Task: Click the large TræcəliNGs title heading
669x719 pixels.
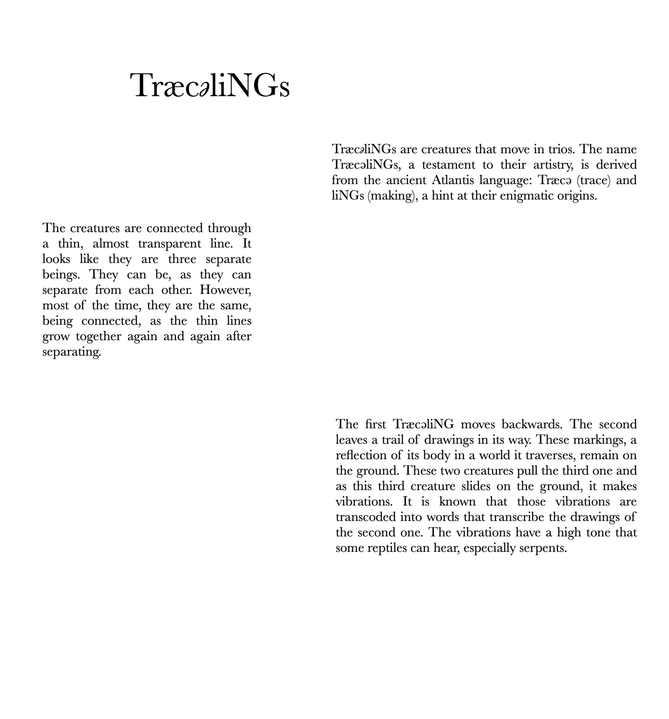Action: (209, 86)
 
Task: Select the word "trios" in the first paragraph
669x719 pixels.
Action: (559, 149)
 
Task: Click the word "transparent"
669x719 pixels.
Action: (170, 244)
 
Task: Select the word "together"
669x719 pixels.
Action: (98, 337)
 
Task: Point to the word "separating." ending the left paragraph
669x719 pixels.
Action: (71, 352)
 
